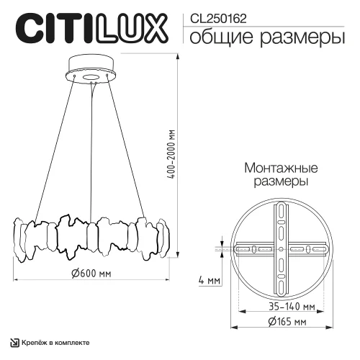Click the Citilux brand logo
pos(88,29)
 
